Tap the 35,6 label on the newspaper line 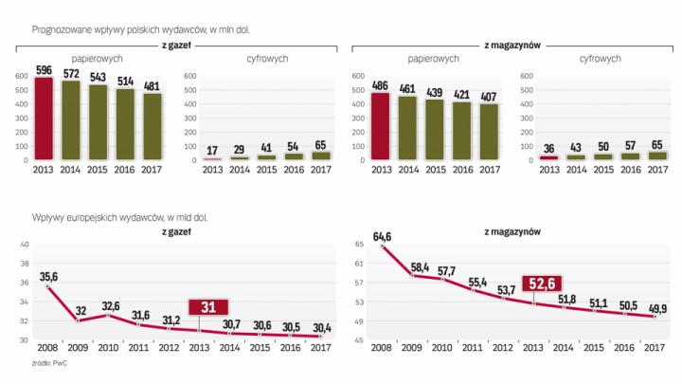[x=47, y=276]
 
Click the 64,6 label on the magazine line [x=382, y=235]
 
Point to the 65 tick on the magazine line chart [x=360, y=245]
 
